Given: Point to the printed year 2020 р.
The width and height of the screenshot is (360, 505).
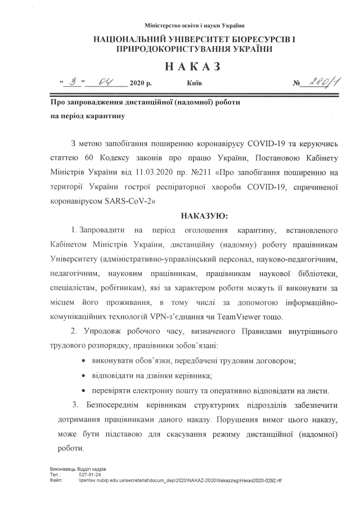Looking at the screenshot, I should click(x=141, y=83).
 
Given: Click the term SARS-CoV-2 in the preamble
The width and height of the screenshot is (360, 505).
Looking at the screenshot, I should click(x=130, y=200).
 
